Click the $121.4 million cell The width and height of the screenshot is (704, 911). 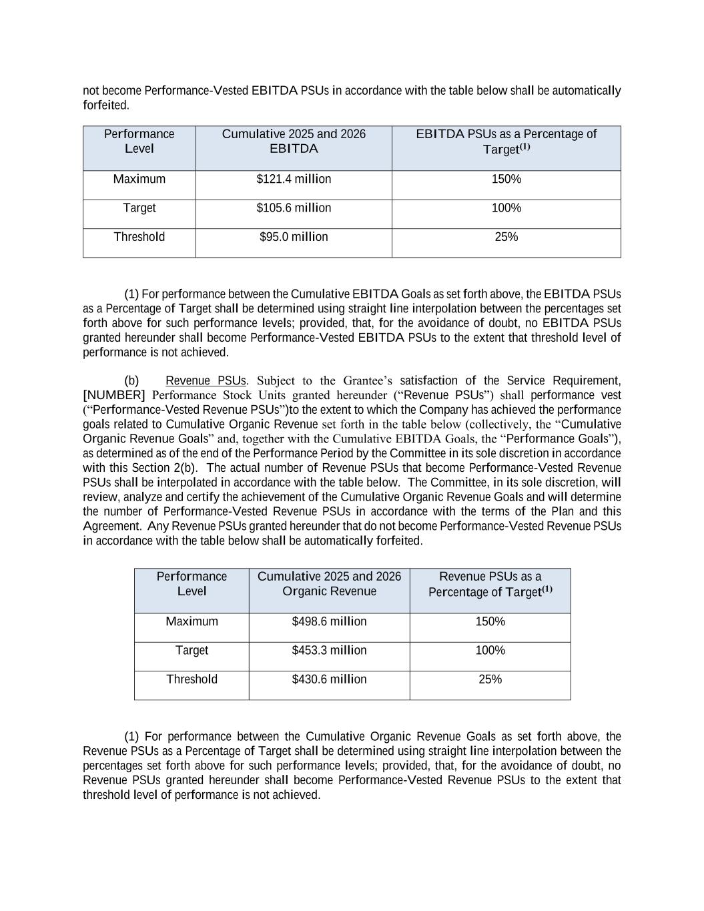click(x=294, y=180)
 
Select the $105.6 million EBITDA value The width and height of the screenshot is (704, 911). click(x=294, y=208)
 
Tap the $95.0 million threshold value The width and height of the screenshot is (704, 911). click(x=294, y=237)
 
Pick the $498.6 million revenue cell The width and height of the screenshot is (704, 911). click(x=329, y=622)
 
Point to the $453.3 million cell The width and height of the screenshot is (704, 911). click(x=329, y=651)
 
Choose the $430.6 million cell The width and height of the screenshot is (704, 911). click(x=329, y=679)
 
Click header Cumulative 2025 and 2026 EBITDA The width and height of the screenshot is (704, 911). click(x=294, y=141)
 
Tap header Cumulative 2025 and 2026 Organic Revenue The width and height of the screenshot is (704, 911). click(x=329, y=584)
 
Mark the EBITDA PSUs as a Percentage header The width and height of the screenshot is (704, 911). click(x=506, y=141)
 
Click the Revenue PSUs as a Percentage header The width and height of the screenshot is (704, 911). click(x=490, y=584)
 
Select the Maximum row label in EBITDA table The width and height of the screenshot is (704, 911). click(x=139, y=180)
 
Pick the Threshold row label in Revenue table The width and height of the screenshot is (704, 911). click(x=192, y=679)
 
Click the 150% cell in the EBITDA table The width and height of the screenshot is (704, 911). click(x=506, y=180)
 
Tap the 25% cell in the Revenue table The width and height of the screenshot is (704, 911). click(x=490, y=679)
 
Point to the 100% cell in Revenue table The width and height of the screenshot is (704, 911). click(x=490, y=651)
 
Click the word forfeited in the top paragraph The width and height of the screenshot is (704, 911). click(x=105, y=105)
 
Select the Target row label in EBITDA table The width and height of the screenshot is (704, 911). click(x=139, y=208)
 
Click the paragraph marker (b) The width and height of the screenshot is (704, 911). click(x=131, y=381)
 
